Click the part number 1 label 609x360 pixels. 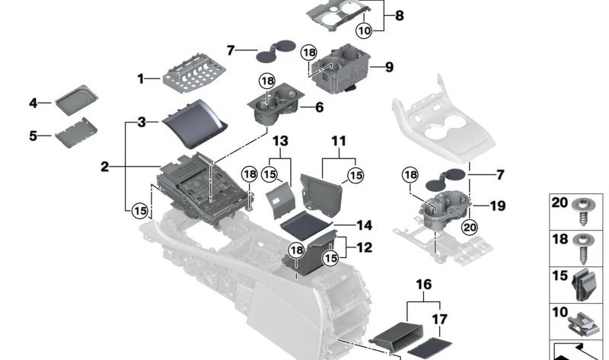pos(141,78)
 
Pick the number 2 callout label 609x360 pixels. pos(104,166)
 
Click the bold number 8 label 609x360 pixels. pos(400,15)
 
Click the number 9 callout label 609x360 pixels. pos(388,67)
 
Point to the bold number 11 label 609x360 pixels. pos(338,142)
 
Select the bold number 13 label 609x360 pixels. pos(281,142)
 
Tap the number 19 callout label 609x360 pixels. pos(498,205)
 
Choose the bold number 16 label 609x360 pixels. pos(423,285)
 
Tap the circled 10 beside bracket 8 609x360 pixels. pos(364,30)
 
